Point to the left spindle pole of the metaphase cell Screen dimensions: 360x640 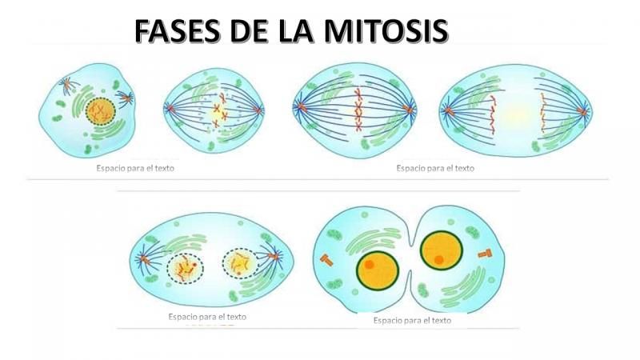point(298,106)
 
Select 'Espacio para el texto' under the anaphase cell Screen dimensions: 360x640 point(435,169)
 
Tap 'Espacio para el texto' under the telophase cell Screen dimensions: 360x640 point(207,317)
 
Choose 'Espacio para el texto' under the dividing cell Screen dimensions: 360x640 point(412,320)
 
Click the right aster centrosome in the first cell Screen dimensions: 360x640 point(125,99)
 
